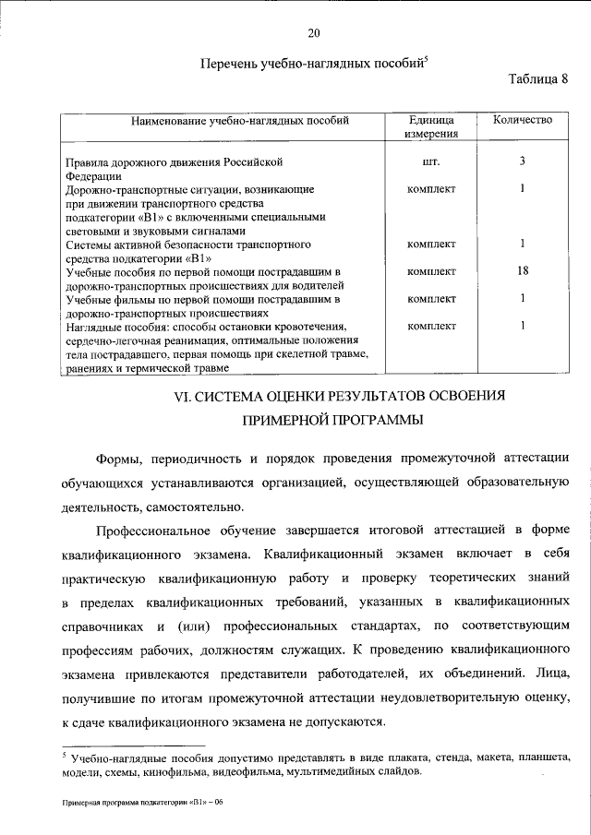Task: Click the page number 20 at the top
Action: (313, 34)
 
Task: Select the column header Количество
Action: (522, 120)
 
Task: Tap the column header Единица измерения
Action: (431, 127)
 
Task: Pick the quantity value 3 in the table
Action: (522, 161)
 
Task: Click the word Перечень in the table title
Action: (229, 64)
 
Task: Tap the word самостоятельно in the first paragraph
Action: (193, 507)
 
